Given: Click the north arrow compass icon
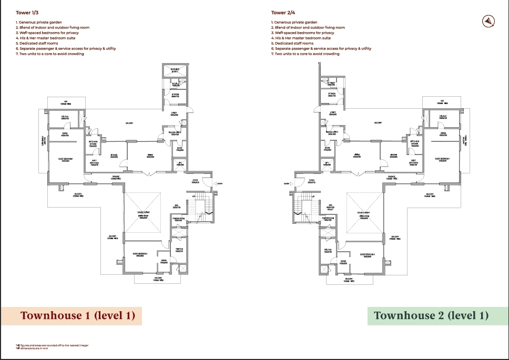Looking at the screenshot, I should click(x=489, y=20).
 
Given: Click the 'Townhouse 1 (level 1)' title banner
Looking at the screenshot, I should click(x=77, y=315).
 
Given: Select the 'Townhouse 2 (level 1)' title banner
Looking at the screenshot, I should click(x=431, y=315).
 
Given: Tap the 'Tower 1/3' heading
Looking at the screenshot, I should click(x=26, y=13).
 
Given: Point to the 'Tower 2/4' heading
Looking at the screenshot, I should click(x=282, y=13).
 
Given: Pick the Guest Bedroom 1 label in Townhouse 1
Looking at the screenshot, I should click(x=66, y=159).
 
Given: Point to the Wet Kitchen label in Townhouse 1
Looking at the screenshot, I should click(x=94, y=162).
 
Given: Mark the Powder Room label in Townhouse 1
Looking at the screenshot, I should click(x=178, y=219).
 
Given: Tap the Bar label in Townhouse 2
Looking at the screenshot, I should click(x=331, y=207).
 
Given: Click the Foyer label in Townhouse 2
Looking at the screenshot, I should click(x=312, y=181).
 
